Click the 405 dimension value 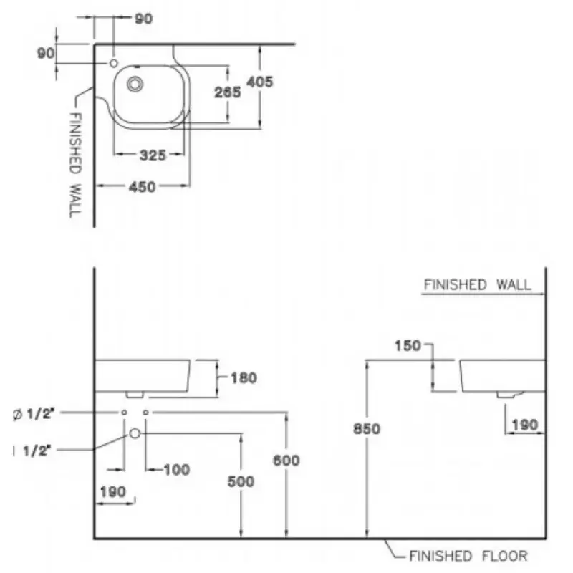(x=260, y=82)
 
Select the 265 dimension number (x=227, y=92)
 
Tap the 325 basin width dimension (x=153, y=155)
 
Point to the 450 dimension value (x=142, y=187)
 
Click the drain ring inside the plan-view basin (x=135, y=85)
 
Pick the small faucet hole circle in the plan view (x=114, y=63)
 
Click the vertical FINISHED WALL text (x=75, y=165)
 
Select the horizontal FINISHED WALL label (x=477, y=284)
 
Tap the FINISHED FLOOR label (x=468, y=556)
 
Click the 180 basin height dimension (x=244, y=378)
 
